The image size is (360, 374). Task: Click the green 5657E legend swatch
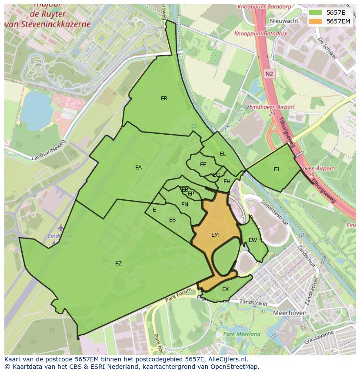coord(316,13)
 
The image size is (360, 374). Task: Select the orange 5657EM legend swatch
coord(316,21)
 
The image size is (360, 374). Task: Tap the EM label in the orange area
coord(215,235)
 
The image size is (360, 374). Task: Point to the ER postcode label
coord(164,99)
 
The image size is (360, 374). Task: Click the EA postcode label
coord(138,168)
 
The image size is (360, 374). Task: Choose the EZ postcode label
coord(118,264)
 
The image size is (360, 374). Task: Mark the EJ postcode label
coord(277,169)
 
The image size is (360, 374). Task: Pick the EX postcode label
coord(225,289)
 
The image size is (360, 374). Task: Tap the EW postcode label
coord(253,240)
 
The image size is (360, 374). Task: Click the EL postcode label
coord(223,154)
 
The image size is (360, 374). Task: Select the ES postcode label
coord(172,220)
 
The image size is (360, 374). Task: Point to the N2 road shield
coord(270,74)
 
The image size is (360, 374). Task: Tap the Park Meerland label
coord(242,334)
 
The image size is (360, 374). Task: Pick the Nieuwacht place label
coord(284,20)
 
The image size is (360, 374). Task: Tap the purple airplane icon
coord(60,228)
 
